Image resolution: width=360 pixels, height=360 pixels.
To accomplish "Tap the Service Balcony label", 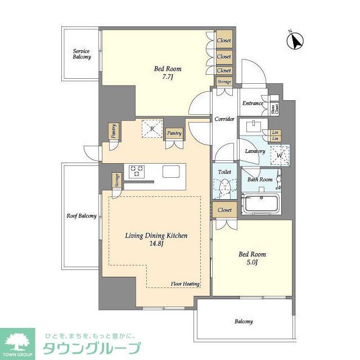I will pyautogui.click(x=81, y=54).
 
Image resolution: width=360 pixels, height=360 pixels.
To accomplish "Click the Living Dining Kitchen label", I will pyautogui.click(x=156, y=240).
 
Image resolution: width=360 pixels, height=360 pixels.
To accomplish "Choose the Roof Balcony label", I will pyautogui.click(x=82, y=216).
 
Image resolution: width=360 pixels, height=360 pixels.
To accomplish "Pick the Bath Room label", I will pyautogui.click(x=260, y=180).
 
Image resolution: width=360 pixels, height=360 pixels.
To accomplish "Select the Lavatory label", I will pyautogui.click(x=254, y=151).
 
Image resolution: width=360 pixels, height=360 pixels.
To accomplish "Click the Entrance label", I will pyautogui.click(x=253, y=103).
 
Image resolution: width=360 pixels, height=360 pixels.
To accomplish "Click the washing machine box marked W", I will pyautogui.click(x=279, y=154).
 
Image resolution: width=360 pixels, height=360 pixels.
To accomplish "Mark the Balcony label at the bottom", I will pyautogui.click(x=244, y=322).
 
